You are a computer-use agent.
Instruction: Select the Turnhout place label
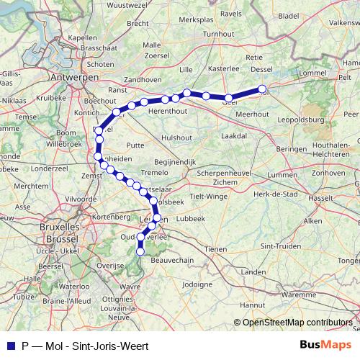219,34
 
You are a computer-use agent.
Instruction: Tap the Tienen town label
217,249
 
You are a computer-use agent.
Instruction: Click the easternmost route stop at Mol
262,91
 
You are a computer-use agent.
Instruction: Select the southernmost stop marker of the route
141,251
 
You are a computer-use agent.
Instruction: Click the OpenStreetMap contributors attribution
297,323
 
